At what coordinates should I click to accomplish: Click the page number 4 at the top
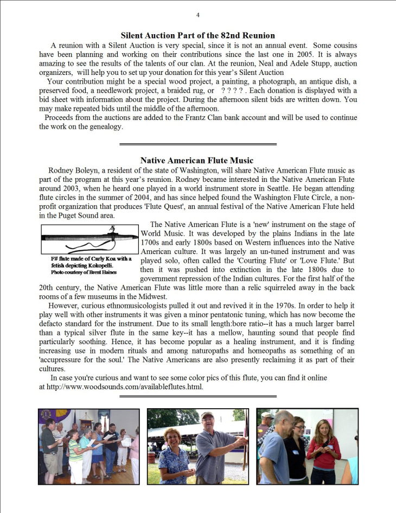pyautogui.click(x=198, y=15)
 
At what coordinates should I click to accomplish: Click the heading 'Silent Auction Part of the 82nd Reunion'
pyautogui.click(x=197, y=36)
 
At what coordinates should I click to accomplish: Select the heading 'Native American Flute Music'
pyautogui.click(x=196, y=161)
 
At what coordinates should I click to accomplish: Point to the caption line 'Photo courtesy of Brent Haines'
pyautogui.click(x=84, y=272)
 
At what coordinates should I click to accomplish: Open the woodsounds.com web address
pyautogui.click(x=125, y=387)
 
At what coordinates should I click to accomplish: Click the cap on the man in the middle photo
pyautogui.click(x=207, y=416)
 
